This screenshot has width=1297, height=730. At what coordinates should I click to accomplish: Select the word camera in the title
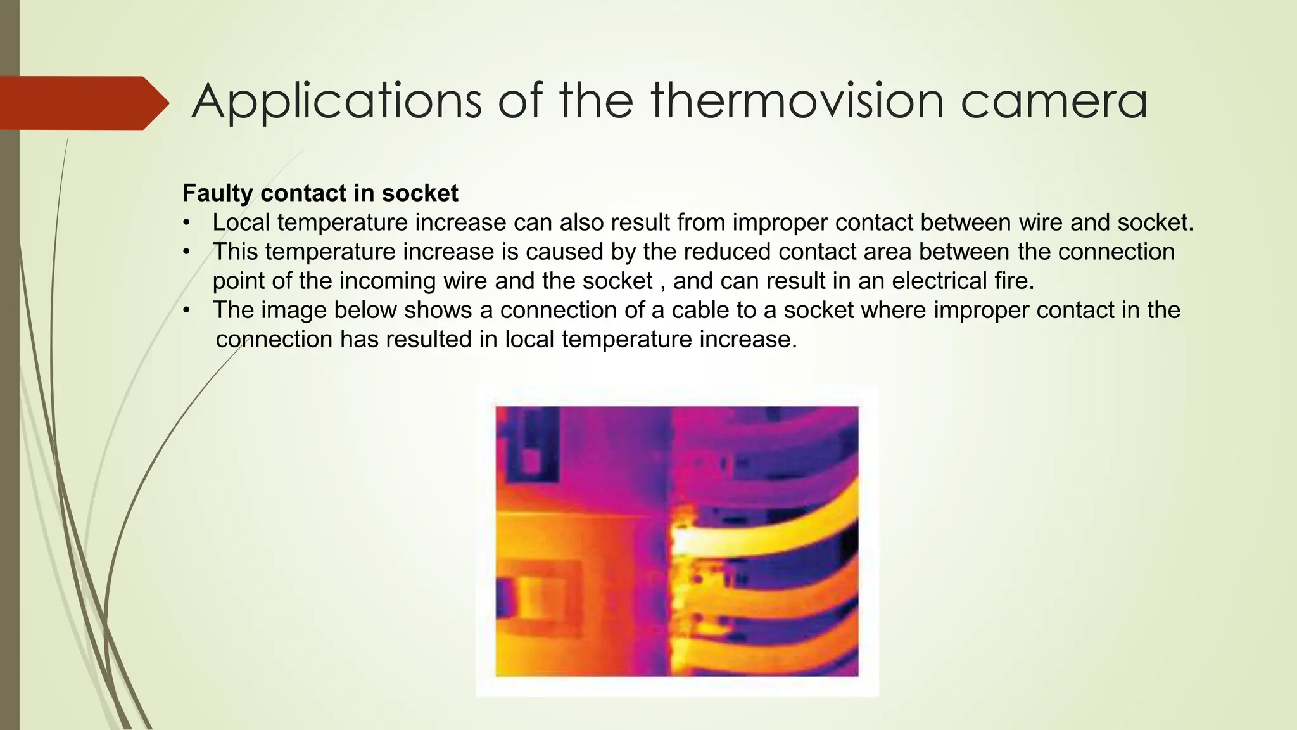1054,101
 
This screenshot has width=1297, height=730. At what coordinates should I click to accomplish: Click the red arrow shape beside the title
82,103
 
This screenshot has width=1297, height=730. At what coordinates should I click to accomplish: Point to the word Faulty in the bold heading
218,193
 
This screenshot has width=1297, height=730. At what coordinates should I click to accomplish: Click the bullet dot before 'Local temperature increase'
186,223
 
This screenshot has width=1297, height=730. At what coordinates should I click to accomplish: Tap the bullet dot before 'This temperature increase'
186,252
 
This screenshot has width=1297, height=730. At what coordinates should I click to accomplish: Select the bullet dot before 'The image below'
186,311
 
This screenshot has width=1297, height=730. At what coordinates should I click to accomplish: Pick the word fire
1014,280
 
